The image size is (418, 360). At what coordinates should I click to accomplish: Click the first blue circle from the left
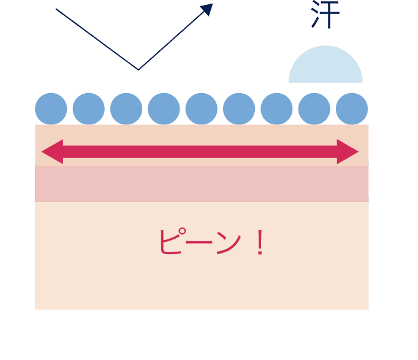click(x=51, y=109)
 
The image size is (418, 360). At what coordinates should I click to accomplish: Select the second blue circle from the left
click(x=88, y=109)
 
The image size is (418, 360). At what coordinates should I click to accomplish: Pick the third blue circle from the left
click(x=126, y=109)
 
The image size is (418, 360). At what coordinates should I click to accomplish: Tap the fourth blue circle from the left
click(x=164, y=109)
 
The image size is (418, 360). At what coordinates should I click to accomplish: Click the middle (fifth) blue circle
click(x=201, y=109)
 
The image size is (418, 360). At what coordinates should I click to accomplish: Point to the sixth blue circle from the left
click(x=239, y=109)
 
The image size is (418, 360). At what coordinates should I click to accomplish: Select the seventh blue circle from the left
click(x=276, y=109)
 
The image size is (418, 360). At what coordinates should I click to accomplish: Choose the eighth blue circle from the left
click(x=314, y=109)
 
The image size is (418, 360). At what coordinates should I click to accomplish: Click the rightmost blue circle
click(x=352, y=109)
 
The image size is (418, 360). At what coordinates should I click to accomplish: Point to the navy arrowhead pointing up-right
click(x=207, y=9)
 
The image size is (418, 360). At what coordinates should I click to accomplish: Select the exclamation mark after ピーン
click(x=259, y=243)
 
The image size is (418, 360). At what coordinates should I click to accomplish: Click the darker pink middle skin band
click(x=202, y=184)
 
